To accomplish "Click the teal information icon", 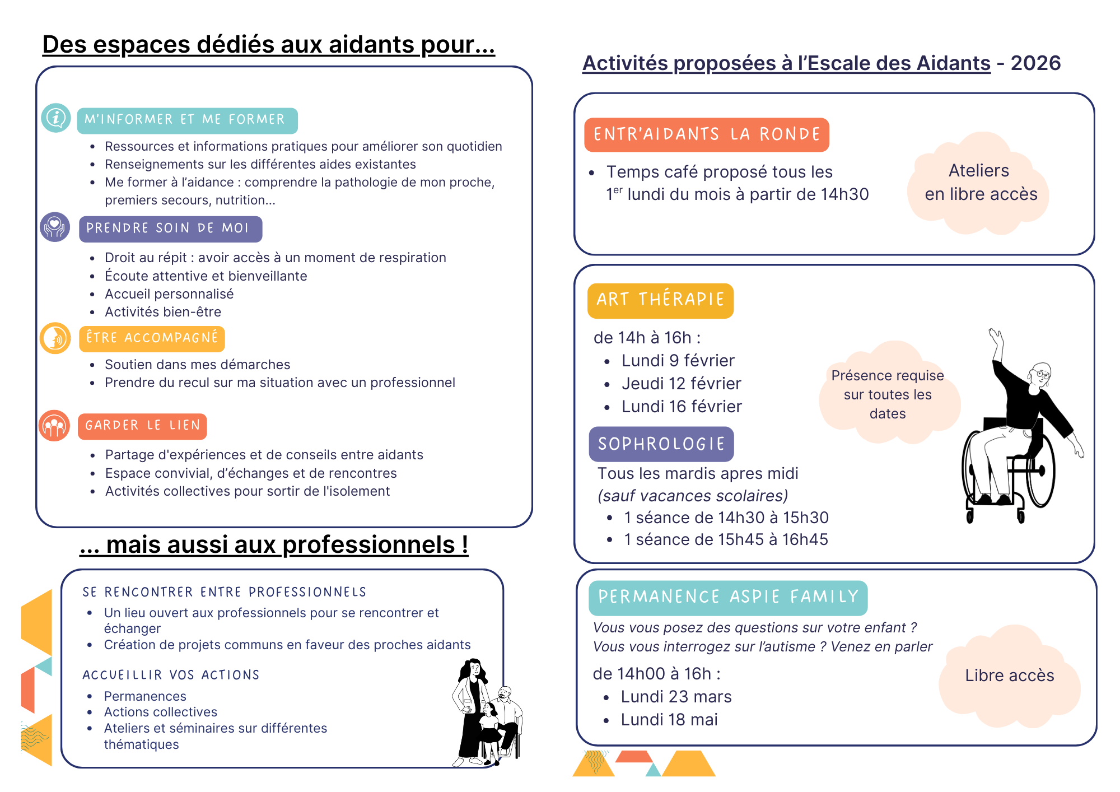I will [55, 118].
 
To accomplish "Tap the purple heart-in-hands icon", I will [55, 227].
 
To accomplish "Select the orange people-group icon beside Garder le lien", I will [54, 426].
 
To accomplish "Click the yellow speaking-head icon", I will [55, 338].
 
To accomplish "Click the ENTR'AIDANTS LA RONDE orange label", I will [706, 134].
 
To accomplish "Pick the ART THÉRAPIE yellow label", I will [660, 300].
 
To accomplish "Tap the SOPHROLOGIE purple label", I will [661, 444].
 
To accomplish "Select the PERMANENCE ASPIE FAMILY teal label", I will [727, 597].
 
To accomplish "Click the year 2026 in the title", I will [1035, 63].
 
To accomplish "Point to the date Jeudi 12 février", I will [681, 384].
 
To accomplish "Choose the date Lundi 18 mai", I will [669, 720].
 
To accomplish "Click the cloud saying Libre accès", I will [1009, 676].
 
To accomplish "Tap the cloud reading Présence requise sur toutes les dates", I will [888, 394].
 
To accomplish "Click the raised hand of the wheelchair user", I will [996, 337].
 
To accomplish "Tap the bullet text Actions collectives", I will [160, 712].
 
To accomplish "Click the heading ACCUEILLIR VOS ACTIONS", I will [171, 675].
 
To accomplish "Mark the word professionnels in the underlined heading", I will [369, 545].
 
